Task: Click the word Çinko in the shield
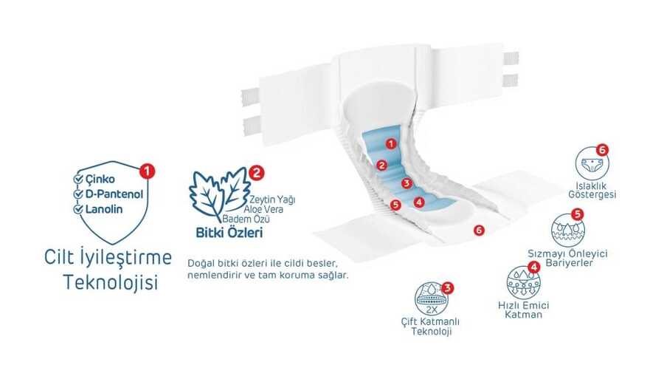click(100, 180)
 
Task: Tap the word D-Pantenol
click(114, 194)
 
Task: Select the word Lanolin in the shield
click(104, 209)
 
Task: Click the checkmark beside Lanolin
click(78, 209)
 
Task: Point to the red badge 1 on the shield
click(147, 171)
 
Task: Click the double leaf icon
click(219, 194)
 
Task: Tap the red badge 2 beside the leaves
click(257, 173)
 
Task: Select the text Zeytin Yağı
click(272, 199)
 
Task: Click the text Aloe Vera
click(263, 209)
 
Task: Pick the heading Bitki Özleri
click(229, 232)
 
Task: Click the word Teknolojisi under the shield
click(111, 282)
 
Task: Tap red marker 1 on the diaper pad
click(391, 144)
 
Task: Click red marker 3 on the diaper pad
click(407, 183)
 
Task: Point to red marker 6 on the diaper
click(479, 230)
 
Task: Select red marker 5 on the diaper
click(395, 205)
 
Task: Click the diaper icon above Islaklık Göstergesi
click(592, 163)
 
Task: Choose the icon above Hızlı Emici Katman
click(523, 283)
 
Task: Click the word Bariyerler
click(569, 263)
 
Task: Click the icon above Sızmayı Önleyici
click(568, 230)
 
